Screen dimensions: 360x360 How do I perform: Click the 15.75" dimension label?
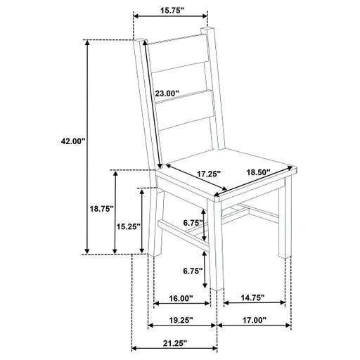(170, 11)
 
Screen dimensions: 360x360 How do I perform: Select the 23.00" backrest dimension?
(167, 93)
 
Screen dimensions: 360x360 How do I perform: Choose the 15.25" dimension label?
(127, 226)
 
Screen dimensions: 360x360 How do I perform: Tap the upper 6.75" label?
(192, 224)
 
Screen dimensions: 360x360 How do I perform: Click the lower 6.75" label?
(192, 271)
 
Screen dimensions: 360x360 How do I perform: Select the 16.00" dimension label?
(181, 298)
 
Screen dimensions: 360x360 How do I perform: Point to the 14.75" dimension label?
(252, 298)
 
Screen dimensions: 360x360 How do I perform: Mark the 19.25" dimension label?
(181, 320)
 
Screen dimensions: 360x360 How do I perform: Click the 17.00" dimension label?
(254, 320)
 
